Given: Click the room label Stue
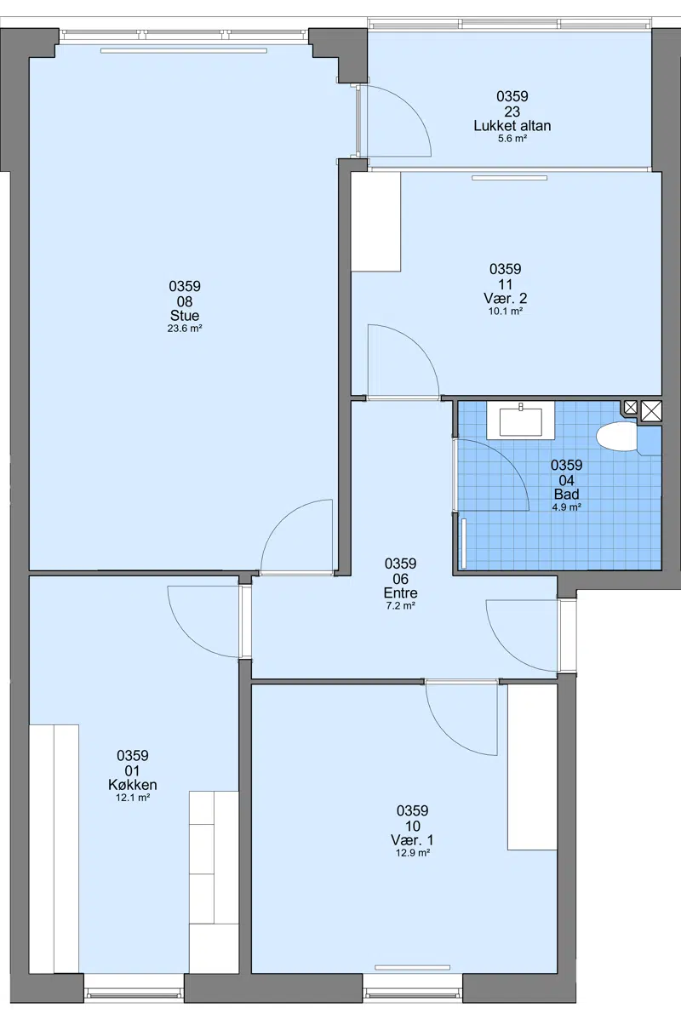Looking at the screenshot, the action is [185, 316].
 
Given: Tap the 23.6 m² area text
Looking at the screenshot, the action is [185, 329].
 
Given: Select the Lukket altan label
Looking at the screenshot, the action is [512, 126].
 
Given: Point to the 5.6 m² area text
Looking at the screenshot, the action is [512, 138].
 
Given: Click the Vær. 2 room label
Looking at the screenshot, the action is [506, 299].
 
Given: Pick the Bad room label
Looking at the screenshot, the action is [567, 495].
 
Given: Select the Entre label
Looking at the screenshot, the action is [401, 593].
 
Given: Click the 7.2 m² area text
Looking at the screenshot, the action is [401, 606].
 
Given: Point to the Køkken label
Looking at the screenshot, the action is [133, 785].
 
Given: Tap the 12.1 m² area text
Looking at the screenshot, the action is [133, 798].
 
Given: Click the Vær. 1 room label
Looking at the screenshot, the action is [412, 840].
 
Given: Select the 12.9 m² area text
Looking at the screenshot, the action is [413, 853].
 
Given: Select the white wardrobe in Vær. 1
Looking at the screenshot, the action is [532, 767].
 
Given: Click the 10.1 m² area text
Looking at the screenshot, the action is [506, 311].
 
